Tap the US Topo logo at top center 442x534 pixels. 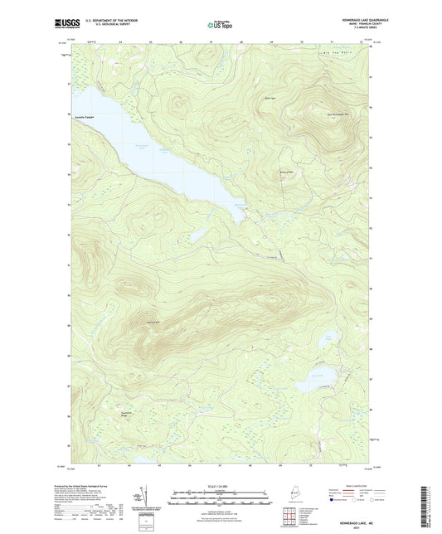click(x=221, y=27)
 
